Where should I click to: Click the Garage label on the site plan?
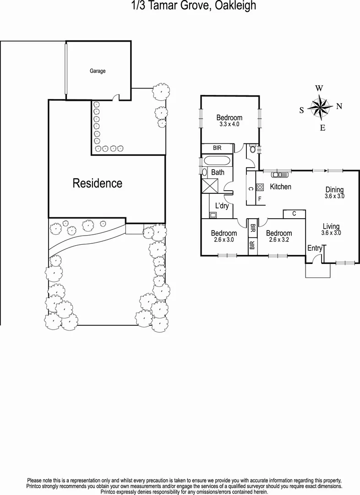97,71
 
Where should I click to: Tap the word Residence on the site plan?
98,184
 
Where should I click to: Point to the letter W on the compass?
319,88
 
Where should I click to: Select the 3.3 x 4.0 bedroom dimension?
229,124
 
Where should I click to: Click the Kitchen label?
280,187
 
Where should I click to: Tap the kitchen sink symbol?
278,174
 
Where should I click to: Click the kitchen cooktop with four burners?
260,187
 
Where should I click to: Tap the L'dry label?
222,206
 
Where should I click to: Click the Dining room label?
334,190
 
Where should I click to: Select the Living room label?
331,226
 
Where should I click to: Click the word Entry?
314,248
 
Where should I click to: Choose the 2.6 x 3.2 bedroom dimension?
279,239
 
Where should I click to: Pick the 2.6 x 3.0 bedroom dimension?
224,239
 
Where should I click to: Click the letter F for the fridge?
260,199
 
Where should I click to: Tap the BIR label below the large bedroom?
218,148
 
